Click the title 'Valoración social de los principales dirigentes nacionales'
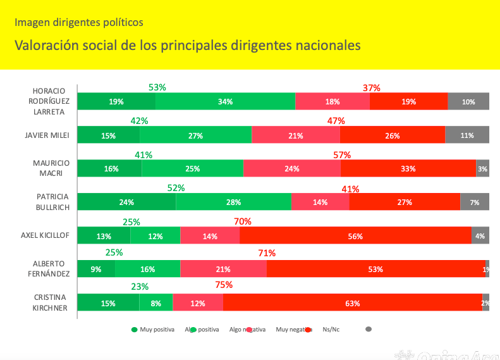coord(188,46)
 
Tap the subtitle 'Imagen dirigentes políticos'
coord(79,22)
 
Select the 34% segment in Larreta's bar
coord(225,101)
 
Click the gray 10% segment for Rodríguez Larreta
coord(468,101)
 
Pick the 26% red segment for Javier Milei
coord(392,135)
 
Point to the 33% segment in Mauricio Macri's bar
coord(408,168)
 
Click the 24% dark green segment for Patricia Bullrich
coord(126,202)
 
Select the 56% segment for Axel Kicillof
coord(355,236)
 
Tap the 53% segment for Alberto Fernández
coord(375,269)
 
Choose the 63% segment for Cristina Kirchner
coord(353,303)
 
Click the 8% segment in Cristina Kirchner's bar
coord(155,303)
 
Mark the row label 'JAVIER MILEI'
coord(46,135)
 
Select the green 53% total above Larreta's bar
coord(157,87)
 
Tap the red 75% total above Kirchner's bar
coord(224,285)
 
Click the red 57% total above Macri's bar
coord(342,154)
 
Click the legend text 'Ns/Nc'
coord(331,330)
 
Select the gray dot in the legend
coord(369,329)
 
